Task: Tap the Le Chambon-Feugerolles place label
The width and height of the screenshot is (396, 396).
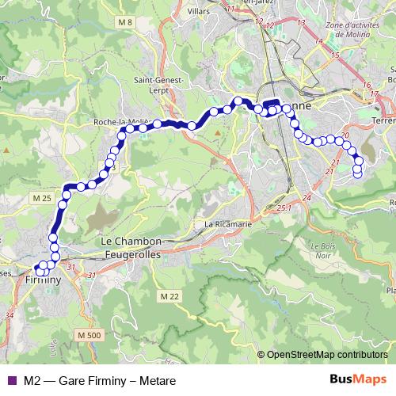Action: click(x=131, y=246)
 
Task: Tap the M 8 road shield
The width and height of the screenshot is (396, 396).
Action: click(x=124, y=21)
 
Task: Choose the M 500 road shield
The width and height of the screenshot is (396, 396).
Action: click(x=92, y=337)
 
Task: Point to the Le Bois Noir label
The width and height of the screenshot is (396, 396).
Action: click(x=322, y=250)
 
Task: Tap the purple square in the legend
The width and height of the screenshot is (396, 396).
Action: click(x=10, y=379)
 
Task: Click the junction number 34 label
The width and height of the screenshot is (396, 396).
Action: click(x=10, y=315)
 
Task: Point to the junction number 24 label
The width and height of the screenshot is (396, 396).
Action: click(x=307, y=196)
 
